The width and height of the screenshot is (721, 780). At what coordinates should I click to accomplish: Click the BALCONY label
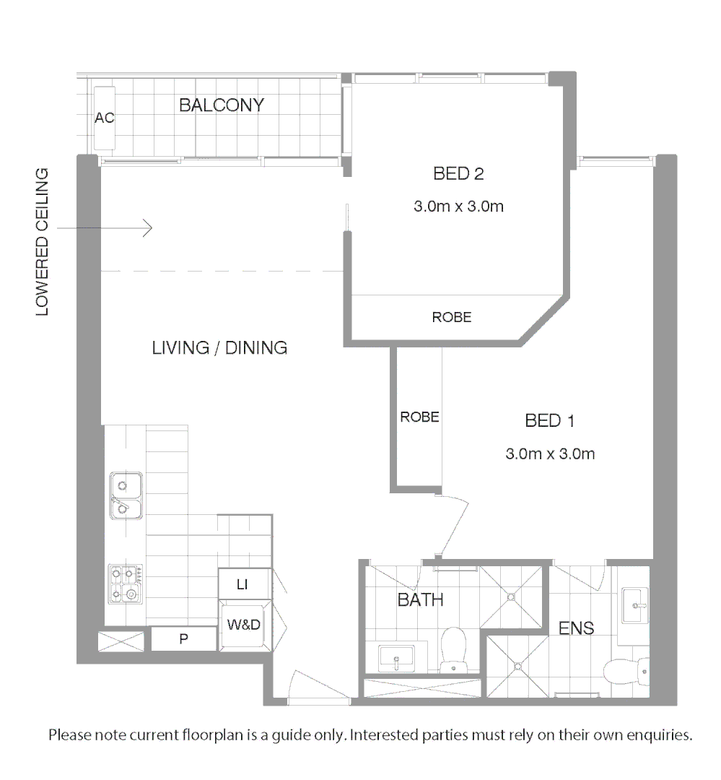click(x=221, y=105)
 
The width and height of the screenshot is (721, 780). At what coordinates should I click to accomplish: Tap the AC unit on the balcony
click(x=105, y=117)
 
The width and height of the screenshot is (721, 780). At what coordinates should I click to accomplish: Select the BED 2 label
click(x=458, y=174)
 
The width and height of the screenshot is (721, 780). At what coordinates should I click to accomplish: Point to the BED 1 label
click(x=549, y=420)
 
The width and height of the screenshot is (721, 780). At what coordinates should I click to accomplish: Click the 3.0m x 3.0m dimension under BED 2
click(x=458, y=207)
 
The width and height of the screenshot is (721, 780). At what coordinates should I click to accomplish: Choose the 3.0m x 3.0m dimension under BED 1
click(x=550, y=454)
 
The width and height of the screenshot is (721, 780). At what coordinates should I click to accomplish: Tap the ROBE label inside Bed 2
click(x=451, y=317)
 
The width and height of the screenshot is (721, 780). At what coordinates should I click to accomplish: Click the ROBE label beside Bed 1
click(x=419, y=417)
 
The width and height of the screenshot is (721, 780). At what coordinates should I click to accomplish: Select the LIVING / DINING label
click(x=219, y=347)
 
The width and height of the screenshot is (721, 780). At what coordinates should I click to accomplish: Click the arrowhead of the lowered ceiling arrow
click(x=149, y=228)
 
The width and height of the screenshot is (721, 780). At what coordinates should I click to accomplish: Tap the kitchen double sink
click(x=126, y=496)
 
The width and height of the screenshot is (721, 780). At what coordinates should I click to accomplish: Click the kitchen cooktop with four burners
click(x=125, y=584)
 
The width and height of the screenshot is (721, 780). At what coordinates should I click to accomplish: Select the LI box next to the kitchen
click(x=242, y=584)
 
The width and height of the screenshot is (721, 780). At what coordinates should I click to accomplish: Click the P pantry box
click(x=183, y=639)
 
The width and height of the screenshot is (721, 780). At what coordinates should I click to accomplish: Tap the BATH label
click(x=420, y=599)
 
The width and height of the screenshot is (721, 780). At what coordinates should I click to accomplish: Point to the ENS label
click(x=577, y=628)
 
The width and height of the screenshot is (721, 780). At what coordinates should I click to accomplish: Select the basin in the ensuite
click(x=635, y=604)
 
